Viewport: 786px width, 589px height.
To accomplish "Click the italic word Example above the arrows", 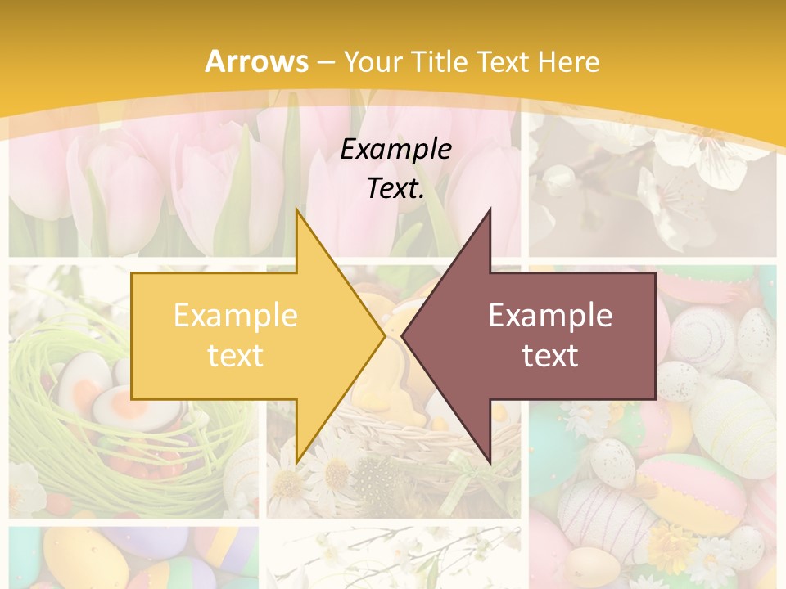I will click(x=395, y=149).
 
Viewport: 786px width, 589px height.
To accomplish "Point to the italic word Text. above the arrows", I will click(x=395, y=188).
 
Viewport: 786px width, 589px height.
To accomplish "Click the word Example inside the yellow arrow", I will click(x=236, y=316).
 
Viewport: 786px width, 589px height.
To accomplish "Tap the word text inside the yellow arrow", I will click(x=236, y=355).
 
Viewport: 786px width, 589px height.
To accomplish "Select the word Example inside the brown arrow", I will click(x=550, y=316).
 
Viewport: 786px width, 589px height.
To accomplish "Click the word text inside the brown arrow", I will click(x=550, y=355).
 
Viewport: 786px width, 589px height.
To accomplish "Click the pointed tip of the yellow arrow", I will click(x=384, y=335).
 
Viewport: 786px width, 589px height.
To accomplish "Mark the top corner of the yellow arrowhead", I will click(x=296, y=210).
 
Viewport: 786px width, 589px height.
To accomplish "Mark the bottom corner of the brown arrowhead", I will click(x=490, y=461).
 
